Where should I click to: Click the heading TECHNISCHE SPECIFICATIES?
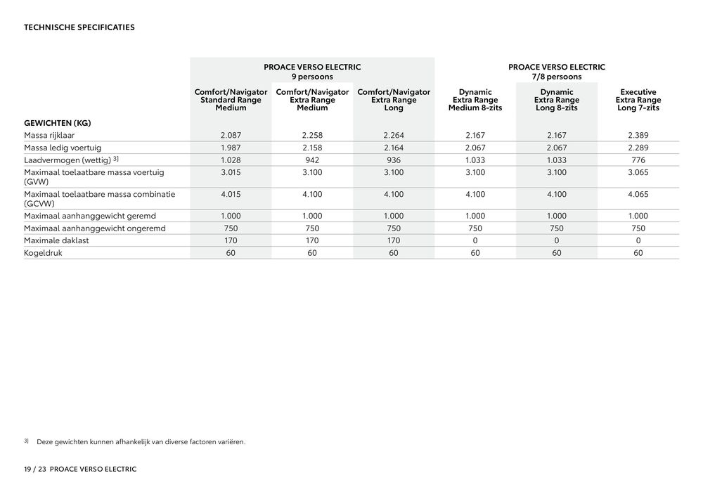[x=79, y=28]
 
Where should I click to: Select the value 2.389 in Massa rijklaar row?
[x=638, y=134]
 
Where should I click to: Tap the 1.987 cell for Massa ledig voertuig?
[x=231, y=148]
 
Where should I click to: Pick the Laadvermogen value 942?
[x=312, y=160]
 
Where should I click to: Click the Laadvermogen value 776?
[x=638, y=160]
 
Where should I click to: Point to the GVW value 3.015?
[x=231, y=172]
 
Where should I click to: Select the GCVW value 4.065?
[x=638, y=194]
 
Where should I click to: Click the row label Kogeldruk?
[x=43, y=253]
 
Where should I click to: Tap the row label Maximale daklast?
[x=56, y=240]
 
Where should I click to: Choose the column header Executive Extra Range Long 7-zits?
[x=638, y=101]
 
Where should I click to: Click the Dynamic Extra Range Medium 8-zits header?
[x=475, y=101]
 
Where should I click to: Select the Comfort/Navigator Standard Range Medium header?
[x=231, y=101]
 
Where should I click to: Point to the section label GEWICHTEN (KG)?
[x=58, y=122]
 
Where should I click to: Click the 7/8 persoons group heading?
[x=557, y=72]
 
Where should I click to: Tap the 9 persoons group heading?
[x=312, y=72]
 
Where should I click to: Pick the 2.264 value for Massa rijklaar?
[x=394, y=134]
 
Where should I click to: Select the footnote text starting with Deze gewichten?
[x=141, y=442]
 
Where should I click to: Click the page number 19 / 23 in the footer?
[x=34, y=469]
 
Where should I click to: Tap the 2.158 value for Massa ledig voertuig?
[x=312, y=148]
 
